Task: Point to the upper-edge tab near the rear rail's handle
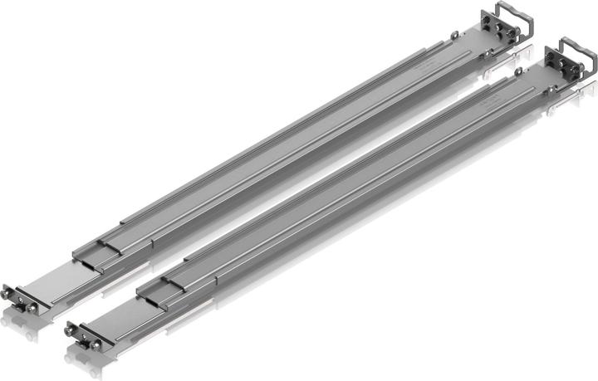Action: (x=455, y=35)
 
